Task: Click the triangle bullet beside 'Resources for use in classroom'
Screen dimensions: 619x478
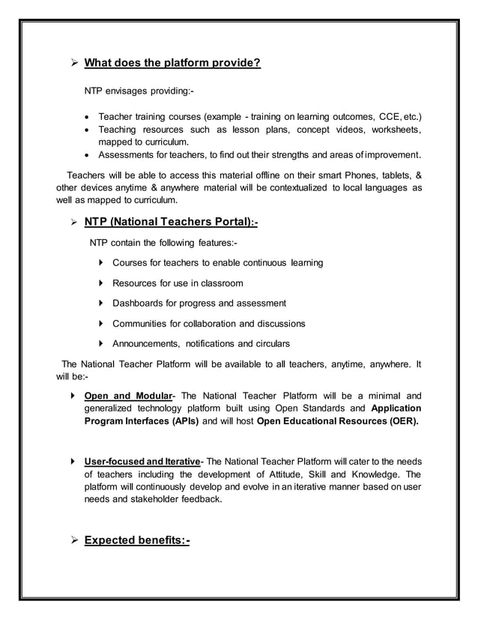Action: [x=101, y=283]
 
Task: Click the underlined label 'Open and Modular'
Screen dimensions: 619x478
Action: [x=128, y=396]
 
